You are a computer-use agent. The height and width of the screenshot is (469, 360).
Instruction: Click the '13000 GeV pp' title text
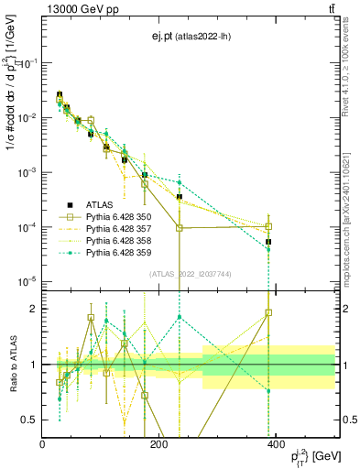coord(81,9)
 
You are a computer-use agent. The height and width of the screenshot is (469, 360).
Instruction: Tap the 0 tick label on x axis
coord(42,443)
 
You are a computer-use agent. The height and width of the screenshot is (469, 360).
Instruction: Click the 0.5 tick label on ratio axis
coord(29,420)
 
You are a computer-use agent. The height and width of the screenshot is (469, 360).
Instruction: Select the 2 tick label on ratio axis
coord(33,309)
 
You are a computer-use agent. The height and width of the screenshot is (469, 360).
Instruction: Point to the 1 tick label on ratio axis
coord(33,365)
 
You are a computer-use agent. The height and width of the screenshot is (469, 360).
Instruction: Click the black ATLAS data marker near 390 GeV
coord(268,242)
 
